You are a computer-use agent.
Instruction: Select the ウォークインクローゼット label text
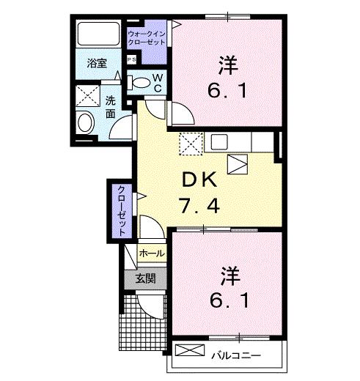pos(147,38)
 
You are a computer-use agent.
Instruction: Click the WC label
pos(158,82)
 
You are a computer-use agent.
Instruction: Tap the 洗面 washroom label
pos(111,107)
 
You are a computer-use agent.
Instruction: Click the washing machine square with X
pos(90,97)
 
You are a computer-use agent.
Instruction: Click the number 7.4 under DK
pos(199,206)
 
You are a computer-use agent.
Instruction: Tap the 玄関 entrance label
pos(144,278)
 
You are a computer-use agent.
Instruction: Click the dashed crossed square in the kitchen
pos(190,144)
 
